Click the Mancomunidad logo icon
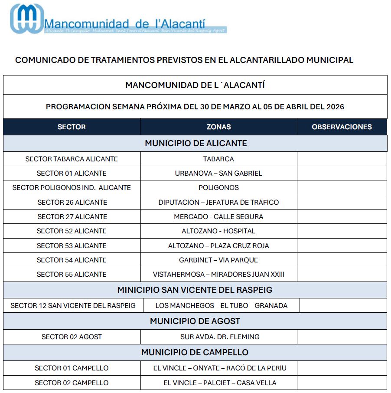click(27, 19)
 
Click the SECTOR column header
click(72, 127)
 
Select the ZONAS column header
click(218, 127)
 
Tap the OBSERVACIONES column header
click(342, 127)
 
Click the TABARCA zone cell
click(218, 159)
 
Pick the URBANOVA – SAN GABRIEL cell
click(218, 173)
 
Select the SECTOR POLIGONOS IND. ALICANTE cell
click(72, 188)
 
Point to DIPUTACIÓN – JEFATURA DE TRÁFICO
click(218, 202)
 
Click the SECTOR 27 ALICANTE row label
click(72, 216)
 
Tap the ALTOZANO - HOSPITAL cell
click(218, 231)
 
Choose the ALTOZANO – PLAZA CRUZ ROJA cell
click(218, 246)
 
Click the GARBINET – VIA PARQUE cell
click(218, 260)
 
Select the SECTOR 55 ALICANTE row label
click(72, 274)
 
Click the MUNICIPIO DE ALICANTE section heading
click(195, 143)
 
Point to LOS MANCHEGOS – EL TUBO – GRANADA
click(221, 305)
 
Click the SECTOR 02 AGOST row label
click(72, 337)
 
